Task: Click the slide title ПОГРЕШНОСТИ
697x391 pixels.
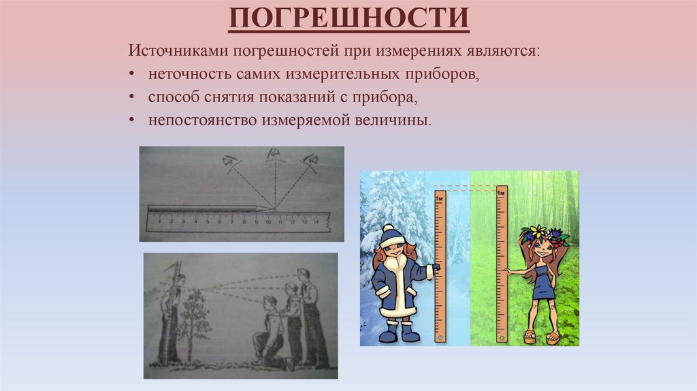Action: [348, 19]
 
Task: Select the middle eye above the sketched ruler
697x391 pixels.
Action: [274, 154]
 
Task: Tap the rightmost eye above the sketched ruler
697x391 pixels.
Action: [312, 159]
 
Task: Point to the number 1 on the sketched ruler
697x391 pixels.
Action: [158, 222]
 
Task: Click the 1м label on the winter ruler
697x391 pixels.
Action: [439, 198]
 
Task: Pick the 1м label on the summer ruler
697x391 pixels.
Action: [501, 193]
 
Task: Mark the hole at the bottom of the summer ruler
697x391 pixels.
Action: [502, 336]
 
